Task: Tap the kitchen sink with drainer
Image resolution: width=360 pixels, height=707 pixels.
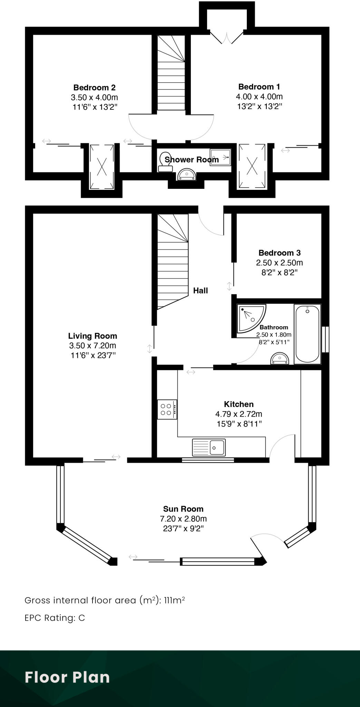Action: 209,447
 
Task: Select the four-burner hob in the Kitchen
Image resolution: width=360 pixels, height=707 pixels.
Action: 167,409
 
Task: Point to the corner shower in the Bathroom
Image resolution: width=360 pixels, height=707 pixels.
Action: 250,318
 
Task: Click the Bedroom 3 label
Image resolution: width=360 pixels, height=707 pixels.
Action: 279,253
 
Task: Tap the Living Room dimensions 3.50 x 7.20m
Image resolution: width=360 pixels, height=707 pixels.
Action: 93,346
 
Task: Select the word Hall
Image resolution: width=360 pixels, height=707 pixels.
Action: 200,291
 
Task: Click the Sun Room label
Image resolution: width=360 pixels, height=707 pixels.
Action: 183,509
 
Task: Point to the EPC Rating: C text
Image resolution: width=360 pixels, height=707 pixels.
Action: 55,618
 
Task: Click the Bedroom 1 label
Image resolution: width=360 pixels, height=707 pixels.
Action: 259,87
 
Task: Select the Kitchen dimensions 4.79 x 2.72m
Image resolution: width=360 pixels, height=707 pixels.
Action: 239,414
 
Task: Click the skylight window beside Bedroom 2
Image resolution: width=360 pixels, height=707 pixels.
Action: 102,167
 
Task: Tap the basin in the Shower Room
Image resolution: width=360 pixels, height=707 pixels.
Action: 187,175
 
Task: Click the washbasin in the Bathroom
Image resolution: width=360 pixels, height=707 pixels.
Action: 280,358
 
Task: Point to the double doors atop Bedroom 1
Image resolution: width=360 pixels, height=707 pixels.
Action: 227,37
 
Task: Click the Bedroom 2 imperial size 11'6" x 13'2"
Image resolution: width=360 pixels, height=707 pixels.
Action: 95,107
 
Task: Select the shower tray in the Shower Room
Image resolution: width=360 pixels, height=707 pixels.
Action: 220,157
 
